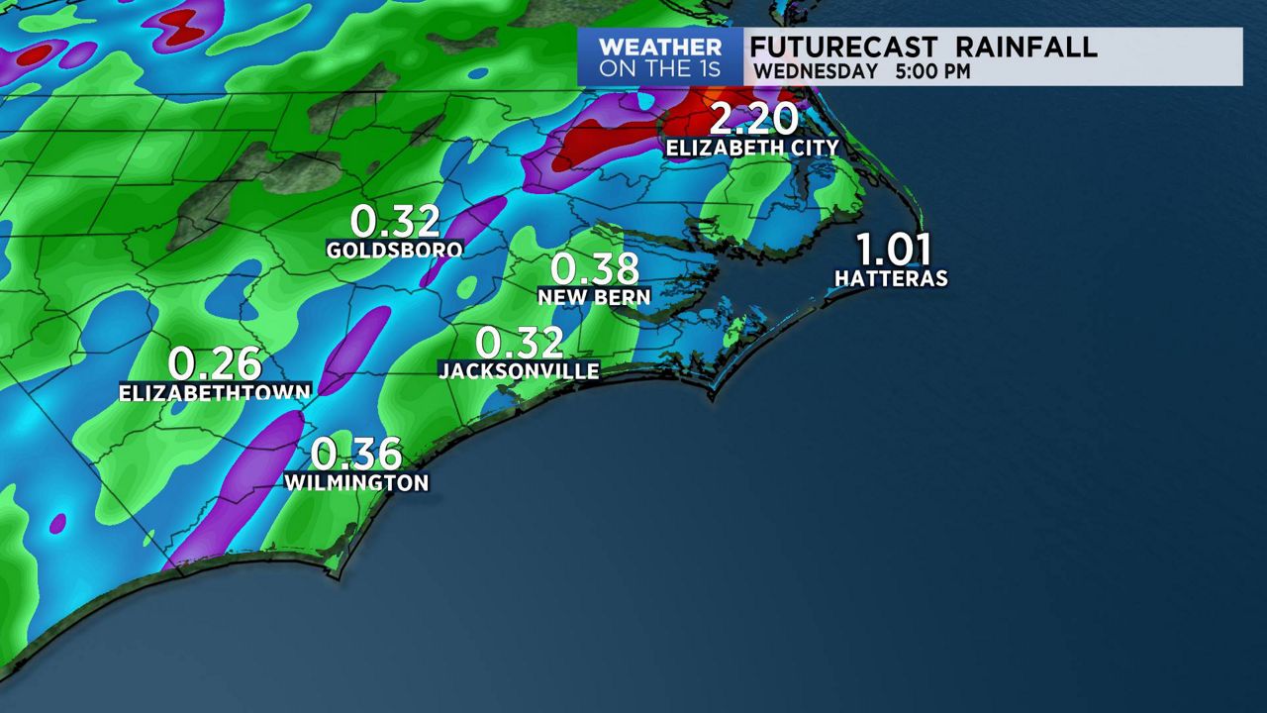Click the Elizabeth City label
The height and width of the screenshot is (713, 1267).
click(x=752, y=148)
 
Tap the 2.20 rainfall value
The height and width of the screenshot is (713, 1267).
click(x=753, y=119)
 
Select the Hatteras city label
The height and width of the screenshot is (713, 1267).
click(x=891, y=279)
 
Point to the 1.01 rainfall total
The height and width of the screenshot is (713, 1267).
click(x=893, y=250)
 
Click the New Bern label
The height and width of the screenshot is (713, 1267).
click(x=594, y=297)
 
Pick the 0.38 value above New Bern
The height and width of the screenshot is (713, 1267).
click(x=594, y=269)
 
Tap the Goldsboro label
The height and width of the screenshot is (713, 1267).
click(x=394, y=251)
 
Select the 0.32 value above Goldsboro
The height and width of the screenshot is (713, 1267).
click(x=395, y=222)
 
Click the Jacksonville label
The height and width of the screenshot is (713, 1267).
click(x=519, y=371)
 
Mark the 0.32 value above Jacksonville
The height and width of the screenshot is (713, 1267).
click(x=520, y=343)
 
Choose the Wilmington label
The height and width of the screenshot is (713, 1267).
click(x=356, y=483)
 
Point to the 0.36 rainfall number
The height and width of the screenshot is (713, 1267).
click(x=356, y=455)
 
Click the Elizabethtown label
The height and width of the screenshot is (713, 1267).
click(x=215, y=392)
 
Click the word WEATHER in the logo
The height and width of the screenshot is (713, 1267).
click(x=659, y=48)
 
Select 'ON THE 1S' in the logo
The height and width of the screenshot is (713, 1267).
click(x=659, y=70)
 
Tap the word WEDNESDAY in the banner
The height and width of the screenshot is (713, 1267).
click(x=816, y=72)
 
